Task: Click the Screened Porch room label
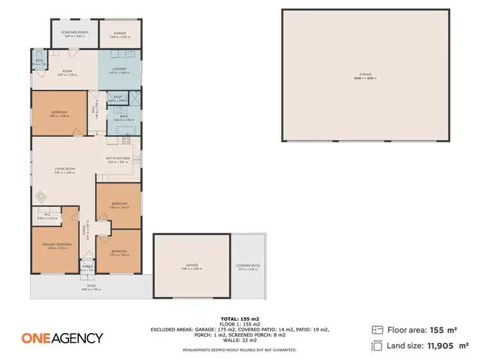click(x=74, y=32)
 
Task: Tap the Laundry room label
click(x=119, y=69)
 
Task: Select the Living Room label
click(x=65, y=169)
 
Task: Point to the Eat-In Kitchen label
click(x=118, y=158)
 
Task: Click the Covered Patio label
click(x=248, y=265)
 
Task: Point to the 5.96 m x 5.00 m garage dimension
click(x=191, y=269)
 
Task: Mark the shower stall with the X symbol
click(x=135, y=98)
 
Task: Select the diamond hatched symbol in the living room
click(x=40, y=197)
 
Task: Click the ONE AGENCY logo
click(x=62, y=338)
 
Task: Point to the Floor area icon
click(x=377, y=330)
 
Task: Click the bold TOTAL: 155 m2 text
click(x=239, y=318)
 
